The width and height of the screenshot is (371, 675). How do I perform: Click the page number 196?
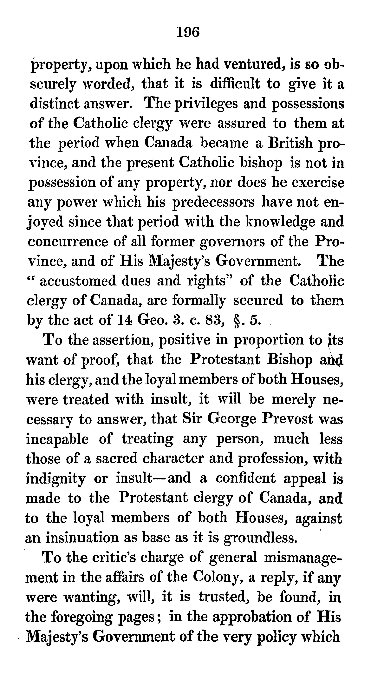pyautogui.click(x=188, y=32)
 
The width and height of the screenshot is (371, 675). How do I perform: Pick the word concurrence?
pyautogui.click(x=68, y=242)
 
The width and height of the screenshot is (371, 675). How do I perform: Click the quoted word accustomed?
pyautogui.click(x=78, y=281)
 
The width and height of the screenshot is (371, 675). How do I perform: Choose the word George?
pyautogui.click(x=231, y=419)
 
